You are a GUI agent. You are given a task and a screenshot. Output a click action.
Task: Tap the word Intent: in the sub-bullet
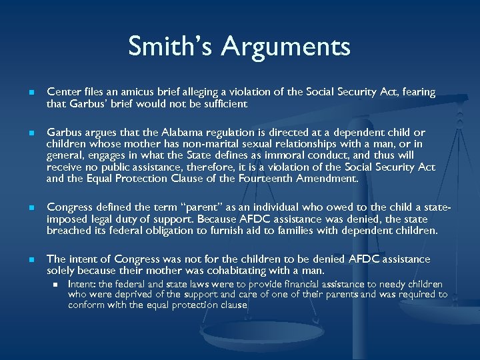point(82,285)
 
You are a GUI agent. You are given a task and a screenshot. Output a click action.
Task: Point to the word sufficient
point(225,104)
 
